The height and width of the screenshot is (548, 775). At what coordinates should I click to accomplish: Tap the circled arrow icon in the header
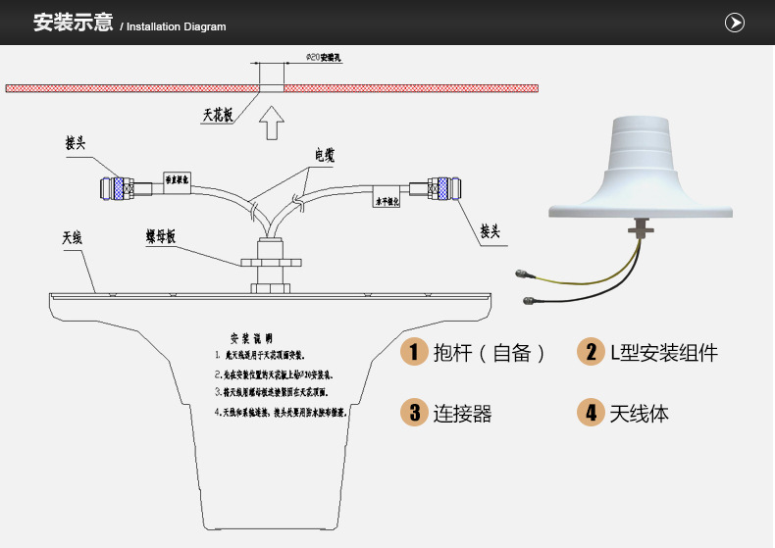pos(734,23)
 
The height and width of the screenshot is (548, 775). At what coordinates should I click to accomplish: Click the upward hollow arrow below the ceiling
pos(272,124)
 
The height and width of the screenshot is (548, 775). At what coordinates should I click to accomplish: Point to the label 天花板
pos(218,115)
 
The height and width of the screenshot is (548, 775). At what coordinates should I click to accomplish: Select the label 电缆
pos(325,155)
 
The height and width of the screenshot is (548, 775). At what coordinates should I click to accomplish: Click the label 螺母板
pos(160,236)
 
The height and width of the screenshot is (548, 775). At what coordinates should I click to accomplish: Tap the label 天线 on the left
pos(72,237)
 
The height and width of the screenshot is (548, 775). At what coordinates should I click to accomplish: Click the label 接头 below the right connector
pos(491,231)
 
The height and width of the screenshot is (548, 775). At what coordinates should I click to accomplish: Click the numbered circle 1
pos(414,353)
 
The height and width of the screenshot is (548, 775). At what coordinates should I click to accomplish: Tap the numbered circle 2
pos(591,353)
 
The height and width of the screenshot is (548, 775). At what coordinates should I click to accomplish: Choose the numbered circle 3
pos(414,413)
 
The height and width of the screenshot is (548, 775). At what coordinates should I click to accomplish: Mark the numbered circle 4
pos(591,413)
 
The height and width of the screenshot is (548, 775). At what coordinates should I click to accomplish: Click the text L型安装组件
pos(664,353)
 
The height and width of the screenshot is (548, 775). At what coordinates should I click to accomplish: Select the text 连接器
pos(462,414)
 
